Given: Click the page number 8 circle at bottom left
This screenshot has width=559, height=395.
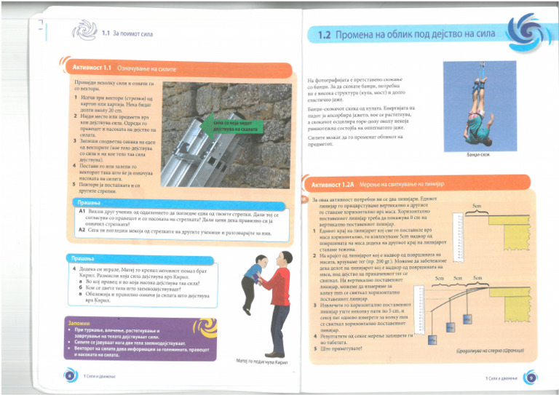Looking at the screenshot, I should point(69,374).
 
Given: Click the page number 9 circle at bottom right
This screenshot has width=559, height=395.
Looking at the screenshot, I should point(531,377).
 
